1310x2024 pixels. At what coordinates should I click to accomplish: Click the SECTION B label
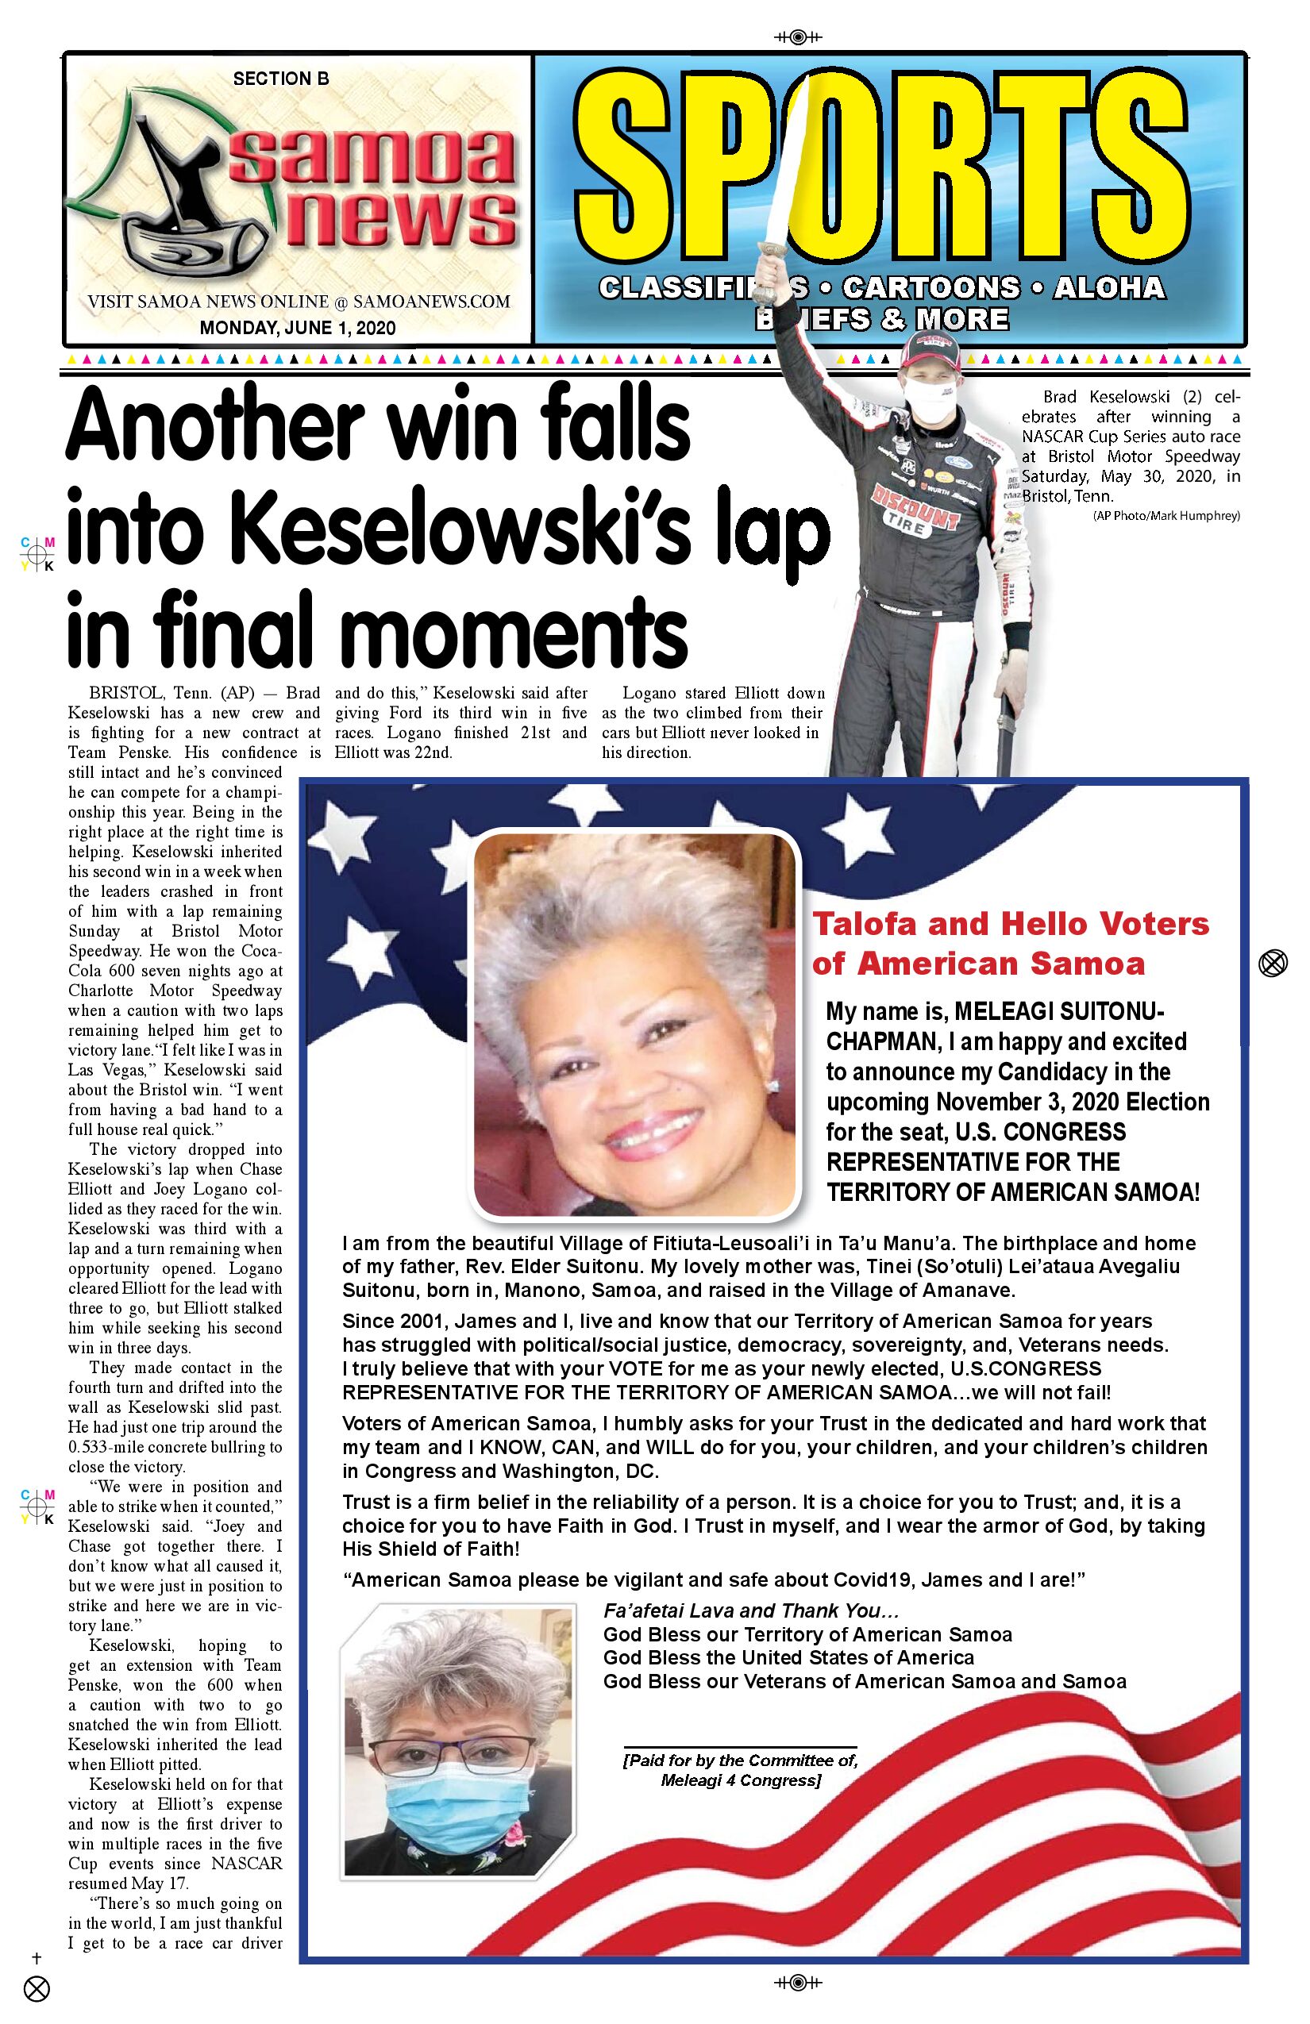point(281,79)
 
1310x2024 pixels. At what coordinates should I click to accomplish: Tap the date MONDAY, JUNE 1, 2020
point(298,329)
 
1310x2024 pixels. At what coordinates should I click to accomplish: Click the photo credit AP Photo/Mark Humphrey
point(1166,515)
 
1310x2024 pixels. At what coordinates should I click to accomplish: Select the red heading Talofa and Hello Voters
point(1011,924)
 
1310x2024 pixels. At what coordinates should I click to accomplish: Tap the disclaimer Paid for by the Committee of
point(741,1760)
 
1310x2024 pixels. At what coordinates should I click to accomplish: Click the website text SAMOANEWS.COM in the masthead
point(431,302)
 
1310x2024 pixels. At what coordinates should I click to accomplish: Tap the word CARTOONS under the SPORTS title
point(930,288)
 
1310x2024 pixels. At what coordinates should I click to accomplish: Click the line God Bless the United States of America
point(788,1657)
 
